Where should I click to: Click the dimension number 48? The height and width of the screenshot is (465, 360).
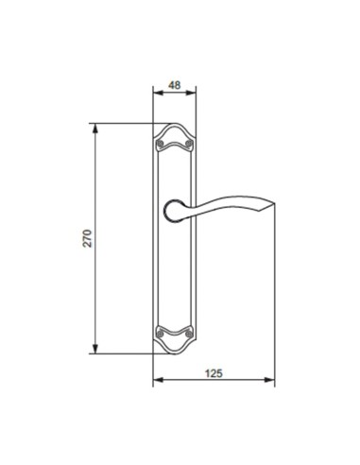tap(174, 83)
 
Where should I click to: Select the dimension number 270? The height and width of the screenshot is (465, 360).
tap(87, 238)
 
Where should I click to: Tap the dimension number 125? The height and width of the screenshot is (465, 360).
tap(214, 373)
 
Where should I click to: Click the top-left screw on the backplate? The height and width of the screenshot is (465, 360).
tap(162, 143)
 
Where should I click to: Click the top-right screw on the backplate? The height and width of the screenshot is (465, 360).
tap(188, 143)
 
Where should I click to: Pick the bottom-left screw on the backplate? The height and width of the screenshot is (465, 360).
tap(162, 333)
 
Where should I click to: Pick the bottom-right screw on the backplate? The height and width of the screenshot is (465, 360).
tap(188, 333)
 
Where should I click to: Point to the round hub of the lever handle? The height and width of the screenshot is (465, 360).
tap(175, 211)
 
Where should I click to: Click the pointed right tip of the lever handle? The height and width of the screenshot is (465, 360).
tap(275, 205)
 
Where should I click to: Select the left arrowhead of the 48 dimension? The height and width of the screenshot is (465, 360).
tap(156, 93)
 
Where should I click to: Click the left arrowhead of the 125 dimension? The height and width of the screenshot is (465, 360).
tap(156, 383)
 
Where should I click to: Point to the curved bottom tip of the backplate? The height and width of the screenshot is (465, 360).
tap(175, 353)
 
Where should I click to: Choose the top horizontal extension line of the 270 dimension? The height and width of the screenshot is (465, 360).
tap(123, 123)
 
